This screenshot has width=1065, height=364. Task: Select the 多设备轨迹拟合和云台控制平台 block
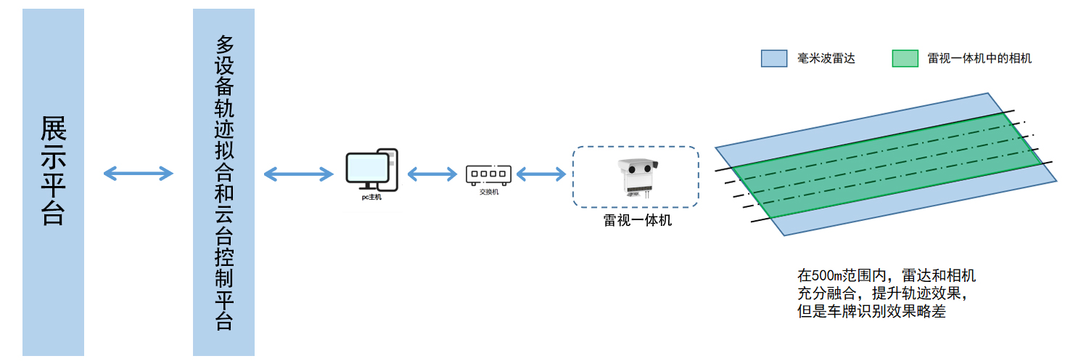223,182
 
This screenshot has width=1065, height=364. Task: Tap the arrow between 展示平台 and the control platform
139,173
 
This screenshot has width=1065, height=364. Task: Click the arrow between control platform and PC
298,174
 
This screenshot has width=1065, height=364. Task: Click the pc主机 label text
371,197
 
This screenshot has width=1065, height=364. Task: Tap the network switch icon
488,174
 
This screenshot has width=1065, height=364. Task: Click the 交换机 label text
488,192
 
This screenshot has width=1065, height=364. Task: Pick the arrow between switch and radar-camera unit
540,174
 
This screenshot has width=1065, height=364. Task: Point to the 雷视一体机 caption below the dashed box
637,220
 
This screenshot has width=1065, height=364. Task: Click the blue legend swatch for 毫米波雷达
774,59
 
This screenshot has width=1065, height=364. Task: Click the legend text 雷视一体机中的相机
979,59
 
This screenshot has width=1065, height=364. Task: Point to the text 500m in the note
827,276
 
